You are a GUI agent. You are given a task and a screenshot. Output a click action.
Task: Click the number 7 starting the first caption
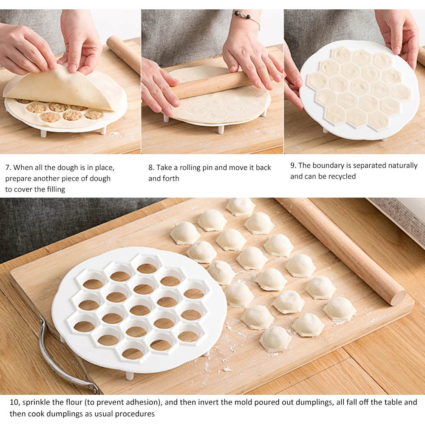[8, 168]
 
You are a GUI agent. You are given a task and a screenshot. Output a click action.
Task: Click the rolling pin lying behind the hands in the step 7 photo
[123, 53]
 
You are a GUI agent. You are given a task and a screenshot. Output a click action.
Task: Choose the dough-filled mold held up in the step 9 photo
[359, 89]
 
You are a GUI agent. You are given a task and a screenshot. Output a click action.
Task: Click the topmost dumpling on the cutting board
[241, 206]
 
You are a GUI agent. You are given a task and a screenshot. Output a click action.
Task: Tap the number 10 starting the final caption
[14, 402]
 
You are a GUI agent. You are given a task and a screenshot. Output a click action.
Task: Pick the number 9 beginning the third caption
[293, 165]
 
